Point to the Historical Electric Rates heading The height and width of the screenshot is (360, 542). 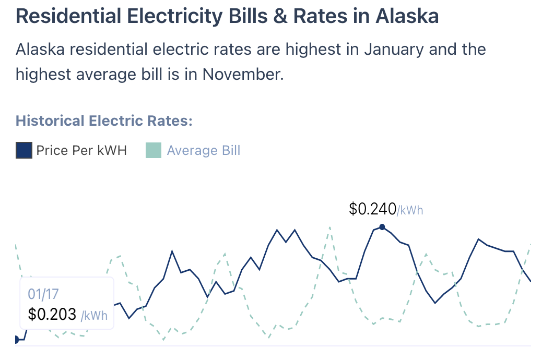[x=104, y=121]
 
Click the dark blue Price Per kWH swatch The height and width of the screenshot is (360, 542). [x=24, y=151]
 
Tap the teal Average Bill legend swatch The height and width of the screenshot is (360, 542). [x=154, y=151]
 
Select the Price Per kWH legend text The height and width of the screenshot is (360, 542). [x=81, y=151]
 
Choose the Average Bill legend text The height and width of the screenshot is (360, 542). [x=204, y=151]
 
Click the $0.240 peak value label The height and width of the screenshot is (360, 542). [x=372, y=209]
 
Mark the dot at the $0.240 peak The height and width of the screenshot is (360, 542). [x=382, y=227]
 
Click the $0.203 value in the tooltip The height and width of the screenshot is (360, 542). [x=52, y=315]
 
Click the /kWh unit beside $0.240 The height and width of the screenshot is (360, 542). [x=410, y=210]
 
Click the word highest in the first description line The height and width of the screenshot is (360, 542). [x=290, y=50]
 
